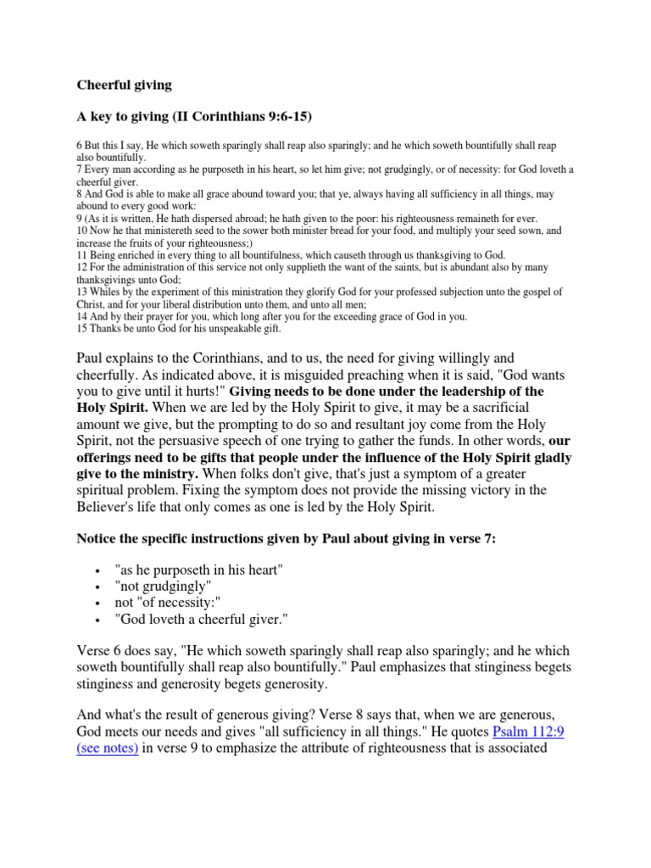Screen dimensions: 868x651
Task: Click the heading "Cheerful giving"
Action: [x=124, y=85]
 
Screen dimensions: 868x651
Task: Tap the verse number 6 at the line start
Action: [x=80, y=147]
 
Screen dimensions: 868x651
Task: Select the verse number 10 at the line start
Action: [x=82, y=230]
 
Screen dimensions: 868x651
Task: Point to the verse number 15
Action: [x=82, y=328]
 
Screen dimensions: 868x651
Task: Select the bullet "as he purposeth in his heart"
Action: [x=198, y=570]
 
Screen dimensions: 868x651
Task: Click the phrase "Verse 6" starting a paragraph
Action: [x=101, y=651]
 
